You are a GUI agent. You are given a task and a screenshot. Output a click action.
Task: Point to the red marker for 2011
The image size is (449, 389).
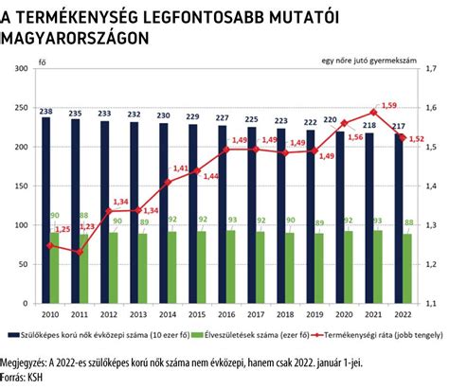click(x=79, y=252)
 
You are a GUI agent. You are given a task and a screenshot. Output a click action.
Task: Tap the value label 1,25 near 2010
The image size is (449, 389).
click(x=63, y=230)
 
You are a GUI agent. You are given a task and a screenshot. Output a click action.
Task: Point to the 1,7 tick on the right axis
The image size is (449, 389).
click(x=432, y=69)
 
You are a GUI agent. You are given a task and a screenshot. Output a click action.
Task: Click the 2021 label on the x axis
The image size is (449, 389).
click(x=373, y=313)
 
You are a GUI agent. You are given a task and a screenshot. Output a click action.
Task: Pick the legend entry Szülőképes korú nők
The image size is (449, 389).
click(x=105, y=334)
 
